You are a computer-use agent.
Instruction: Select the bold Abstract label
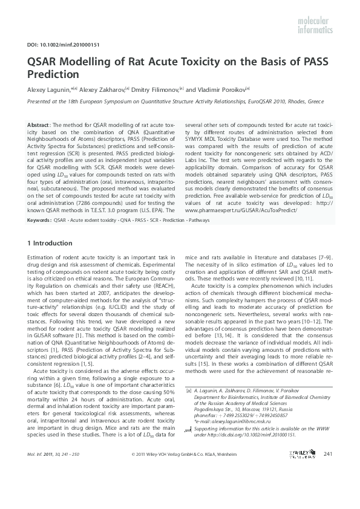pyautogui.click(x=39, y=124)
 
